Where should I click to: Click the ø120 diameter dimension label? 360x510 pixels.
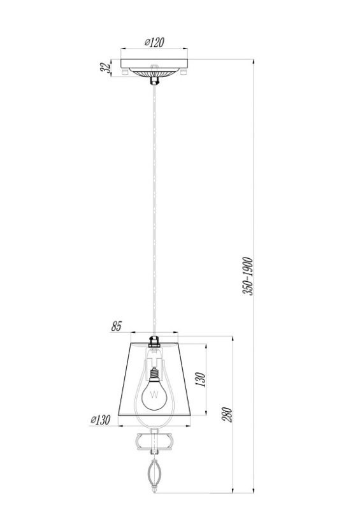click(154, 42)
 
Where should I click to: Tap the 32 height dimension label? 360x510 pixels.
click(105, 68)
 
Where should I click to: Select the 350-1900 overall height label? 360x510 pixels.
click(248, 276)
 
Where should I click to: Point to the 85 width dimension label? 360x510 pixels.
click(116, 326)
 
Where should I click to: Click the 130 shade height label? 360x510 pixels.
click(201, 379)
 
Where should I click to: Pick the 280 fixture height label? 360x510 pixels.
click(227, 414)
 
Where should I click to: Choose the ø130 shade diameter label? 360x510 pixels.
click(101, 420)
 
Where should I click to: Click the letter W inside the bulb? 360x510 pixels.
click(154, 395)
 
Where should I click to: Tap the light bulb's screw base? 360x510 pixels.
click(154, 374)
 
